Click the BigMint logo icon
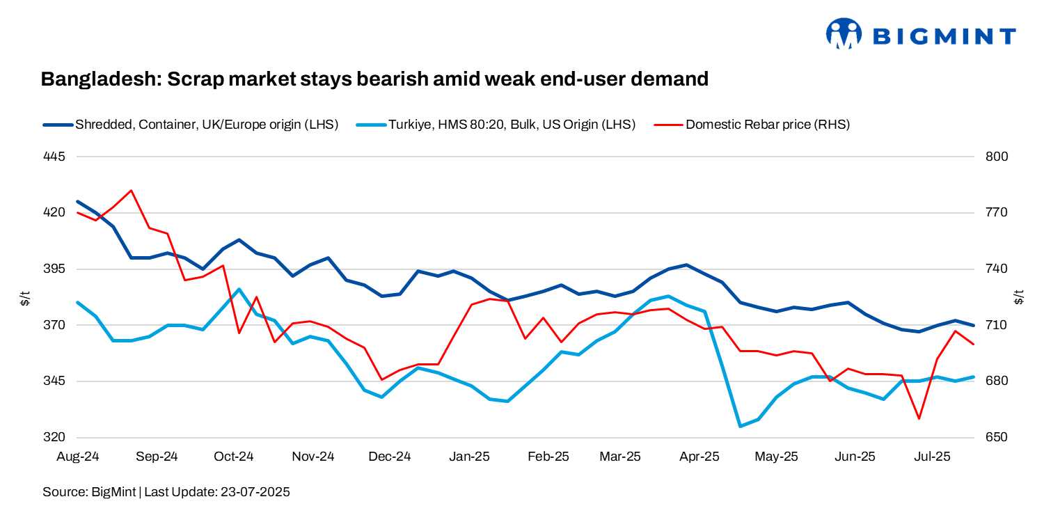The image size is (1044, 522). coord(844,33)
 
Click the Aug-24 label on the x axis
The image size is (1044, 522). coord(78,457)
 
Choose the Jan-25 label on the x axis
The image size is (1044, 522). coord(470,457)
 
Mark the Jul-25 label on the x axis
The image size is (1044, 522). coord(932,457)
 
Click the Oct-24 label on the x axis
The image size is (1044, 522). coord(234,457)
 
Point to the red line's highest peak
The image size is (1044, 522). coord(131,190)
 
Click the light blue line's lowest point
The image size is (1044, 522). coord(740,426)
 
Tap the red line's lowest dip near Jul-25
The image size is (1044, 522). coord(919,418)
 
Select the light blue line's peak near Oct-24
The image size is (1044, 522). coord(239,289)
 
